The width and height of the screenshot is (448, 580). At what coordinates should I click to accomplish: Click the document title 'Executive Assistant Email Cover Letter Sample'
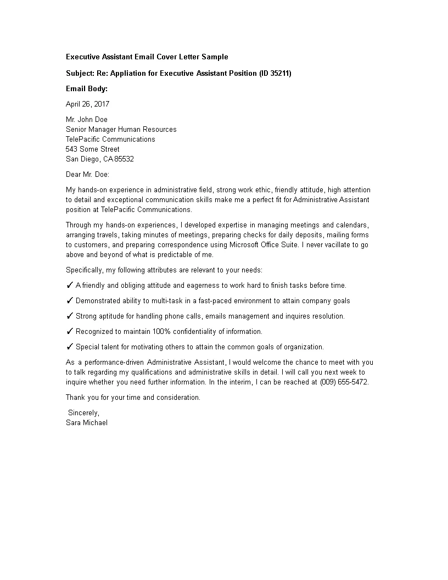coord(147,57)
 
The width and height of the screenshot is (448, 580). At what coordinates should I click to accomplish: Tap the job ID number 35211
coord(279,73)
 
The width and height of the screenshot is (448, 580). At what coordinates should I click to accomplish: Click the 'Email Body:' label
coord(87,88)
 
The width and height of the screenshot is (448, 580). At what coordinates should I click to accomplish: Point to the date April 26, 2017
coord(88,104)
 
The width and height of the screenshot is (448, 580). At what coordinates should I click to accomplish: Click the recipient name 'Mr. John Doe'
coord(87,119)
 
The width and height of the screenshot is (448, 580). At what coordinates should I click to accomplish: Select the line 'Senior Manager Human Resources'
coord(121,129)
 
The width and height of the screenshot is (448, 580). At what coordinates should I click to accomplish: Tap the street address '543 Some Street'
coord(93,149)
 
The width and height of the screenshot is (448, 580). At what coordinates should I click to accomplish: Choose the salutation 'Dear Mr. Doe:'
coord(88,174)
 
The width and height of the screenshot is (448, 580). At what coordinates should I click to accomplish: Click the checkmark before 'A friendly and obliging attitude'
coord(70,285)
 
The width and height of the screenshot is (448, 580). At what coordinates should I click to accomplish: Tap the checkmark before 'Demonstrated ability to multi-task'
coord(70,300)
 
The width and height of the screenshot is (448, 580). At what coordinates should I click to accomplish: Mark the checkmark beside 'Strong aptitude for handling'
coord(70,316)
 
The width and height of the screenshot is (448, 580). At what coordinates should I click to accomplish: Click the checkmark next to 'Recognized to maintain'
coord(70,331)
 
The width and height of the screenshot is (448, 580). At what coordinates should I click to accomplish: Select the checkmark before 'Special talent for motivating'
coord(70,347)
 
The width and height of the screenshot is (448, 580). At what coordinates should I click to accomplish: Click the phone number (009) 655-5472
coord(344,382)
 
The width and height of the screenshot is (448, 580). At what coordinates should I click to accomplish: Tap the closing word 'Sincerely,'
coord(84,412)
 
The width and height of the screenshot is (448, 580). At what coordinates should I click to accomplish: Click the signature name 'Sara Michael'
coord(87,422)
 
